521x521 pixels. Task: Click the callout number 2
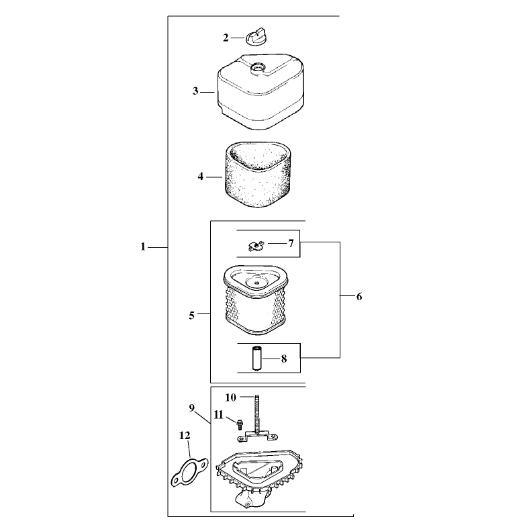[x=226, y=38]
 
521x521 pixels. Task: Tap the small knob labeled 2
[x=257, y=37]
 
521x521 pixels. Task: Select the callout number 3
[x=195, y=91]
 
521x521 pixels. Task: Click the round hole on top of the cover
[x=258, y=67]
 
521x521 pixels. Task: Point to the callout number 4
[x=200, y=176]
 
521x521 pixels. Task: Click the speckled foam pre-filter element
[x=258, y=175]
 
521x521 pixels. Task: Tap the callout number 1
[x=143, y=247]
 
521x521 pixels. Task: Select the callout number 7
[x=291, y=244]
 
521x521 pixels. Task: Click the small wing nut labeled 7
[x=256, y=246]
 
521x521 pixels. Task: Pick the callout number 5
[x=191, y=316]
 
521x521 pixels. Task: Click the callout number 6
[x=359, y=296]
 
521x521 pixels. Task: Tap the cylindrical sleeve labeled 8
[x=256, y=359]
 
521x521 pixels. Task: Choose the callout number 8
[x=284, y=359]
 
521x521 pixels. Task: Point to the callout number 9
[x=192, y=408]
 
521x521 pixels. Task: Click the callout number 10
[x=230, y=397]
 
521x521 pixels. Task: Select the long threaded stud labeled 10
[x=257, y=414]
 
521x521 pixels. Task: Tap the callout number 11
[x=219, y=415]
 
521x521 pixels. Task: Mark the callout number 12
[x=185, y=435]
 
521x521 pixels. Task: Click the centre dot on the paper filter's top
[x=257, y=283]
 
